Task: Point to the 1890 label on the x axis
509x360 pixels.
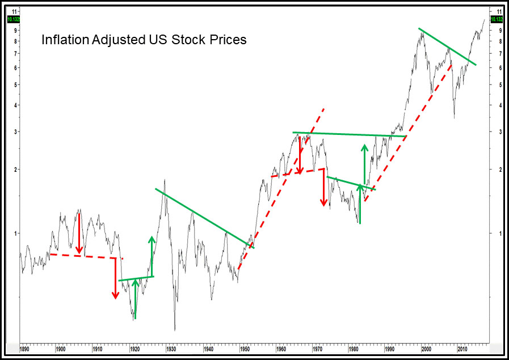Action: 24,349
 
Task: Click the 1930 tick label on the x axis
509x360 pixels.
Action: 171,349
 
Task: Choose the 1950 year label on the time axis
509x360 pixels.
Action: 244,349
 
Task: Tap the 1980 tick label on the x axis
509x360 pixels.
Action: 353,349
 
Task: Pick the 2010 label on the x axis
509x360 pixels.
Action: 462,349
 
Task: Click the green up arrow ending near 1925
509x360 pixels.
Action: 152,255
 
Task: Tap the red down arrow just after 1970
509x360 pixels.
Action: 323,187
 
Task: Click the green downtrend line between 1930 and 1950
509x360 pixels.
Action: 204,218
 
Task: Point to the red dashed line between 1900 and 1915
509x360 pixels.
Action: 85,256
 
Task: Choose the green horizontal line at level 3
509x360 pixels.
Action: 349,134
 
